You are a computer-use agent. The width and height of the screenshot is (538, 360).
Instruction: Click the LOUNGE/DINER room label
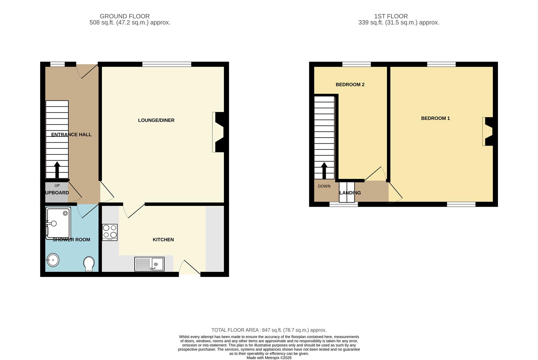click(x=156, y=120)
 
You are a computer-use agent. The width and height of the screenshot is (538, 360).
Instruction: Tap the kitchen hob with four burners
click(x=110, y=232)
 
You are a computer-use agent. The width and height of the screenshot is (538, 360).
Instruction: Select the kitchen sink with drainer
click(x=149, y=264)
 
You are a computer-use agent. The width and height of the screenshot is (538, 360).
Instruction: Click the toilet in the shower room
click(x=89, y=264)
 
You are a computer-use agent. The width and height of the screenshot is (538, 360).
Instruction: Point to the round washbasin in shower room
click(x=53, y=260)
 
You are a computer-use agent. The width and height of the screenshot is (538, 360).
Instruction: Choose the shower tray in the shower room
click(x=58, y=223)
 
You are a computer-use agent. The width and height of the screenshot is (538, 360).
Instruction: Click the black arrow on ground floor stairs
click(x=57, y=170)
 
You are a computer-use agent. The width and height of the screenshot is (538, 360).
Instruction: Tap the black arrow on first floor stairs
click(x=324, y=170)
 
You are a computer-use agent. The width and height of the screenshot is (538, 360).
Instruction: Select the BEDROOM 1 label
click(x=435, y=118)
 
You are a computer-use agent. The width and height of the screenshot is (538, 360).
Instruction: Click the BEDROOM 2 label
click(x=350, y=85)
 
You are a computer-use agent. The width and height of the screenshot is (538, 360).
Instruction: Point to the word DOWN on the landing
click(x=324, y=186)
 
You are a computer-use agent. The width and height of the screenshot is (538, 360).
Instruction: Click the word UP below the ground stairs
click(x=57, y=186)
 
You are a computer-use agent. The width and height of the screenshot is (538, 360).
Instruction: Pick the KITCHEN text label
click(x=163, y=240)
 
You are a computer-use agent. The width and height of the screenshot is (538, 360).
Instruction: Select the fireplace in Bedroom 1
click(x=488, y=131)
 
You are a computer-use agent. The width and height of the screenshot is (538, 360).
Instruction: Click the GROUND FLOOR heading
click(x=125, y=16)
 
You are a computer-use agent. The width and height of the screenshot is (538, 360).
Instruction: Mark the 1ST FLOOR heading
click(x=391, y=16)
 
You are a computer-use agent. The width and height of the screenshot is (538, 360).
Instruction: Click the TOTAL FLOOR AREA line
click(x=269, y=330)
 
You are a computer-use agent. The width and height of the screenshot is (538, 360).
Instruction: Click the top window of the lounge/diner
click(x=167, y=64)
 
